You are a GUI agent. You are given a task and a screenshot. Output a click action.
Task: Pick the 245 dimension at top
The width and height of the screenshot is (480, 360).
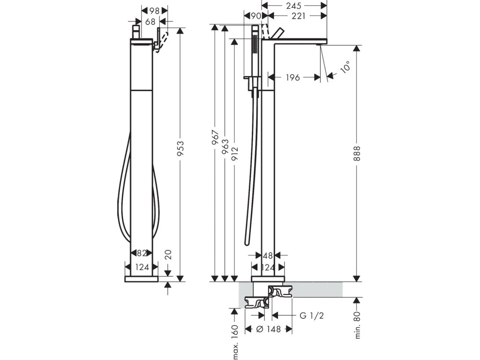tap(294, 6)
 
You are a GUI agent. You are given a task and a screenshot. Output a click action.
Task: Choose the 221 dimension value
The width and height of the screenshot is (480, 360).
tap(299, 16)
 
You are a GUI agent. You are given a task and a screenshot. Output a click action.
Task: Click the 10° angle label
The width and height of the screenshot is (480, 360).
tap(345, 68)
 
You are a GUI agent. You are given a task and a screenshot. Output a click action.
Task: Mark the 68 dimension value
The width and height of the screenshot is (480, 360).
tap(150, 22)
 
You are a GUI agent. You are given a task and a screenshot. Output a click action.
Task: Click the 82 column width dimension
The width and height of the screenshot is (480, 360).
tap(141, 253)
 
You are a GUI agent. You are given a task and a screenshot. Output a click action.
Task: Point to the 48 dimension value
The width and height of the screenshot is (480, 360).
tap(268, 256)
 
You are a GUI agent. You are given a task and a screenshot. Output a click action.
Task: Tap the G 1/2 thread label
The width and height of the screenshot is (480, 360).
tap(312, 316)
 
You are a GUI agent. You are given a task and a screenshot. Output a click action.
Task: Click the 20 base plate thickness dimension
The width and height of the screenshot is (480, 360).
tap(169, 254)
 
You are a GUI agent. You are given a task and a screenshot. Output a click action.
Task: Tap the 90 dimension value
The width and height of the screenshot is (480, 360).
tap(256, 16)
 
